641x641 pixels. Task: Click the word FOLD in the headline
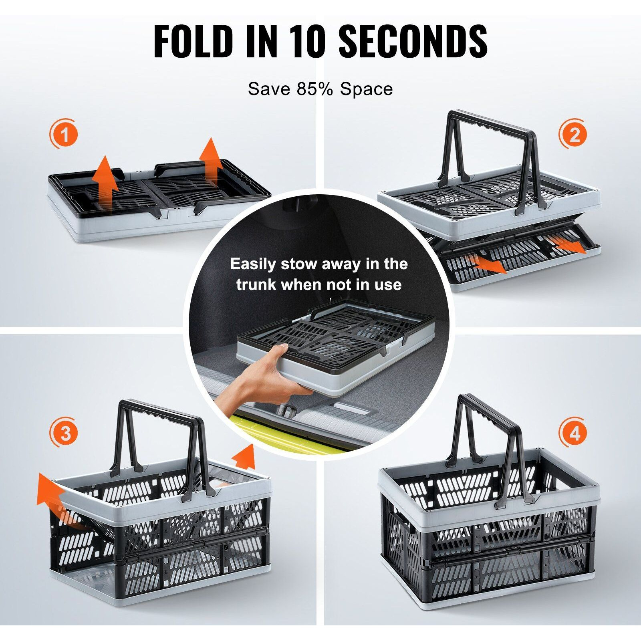(x=193, y=41)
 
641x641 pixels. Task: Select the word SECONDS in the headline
(x=413, y=41)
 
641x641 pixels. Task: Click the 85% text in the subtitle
(x=314, y=89)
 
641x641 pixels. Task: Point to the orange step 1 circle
(x=63, y=133)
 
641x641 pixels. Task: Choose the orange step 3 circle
(x=64, y=433)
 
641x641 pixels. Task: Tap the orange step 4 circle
(x=574, y=433)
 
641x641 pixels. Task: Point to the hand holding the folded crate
(x=256, y=381)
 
